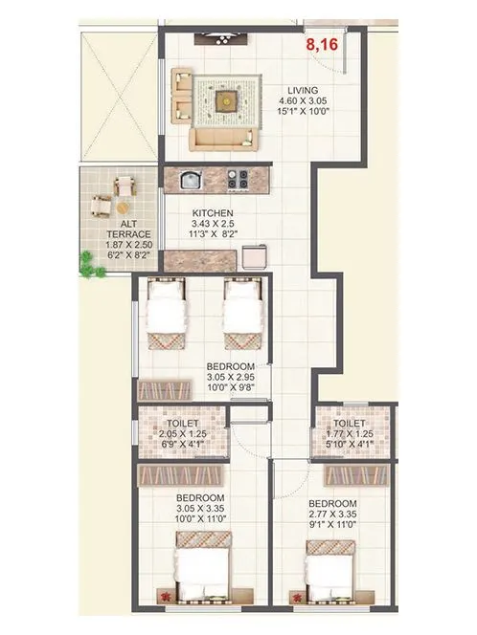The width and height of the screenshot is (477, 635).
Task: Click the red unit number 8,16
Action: [x=323, y=43]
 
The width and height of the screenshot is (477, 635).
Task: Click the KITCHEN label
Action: [x=212, y=214]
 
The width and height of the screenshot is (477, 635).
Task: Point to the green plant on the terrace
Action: [x=92, y=271]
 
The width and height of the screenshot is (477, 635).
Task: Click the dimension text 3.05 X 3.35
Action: [x=199, y=511]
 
